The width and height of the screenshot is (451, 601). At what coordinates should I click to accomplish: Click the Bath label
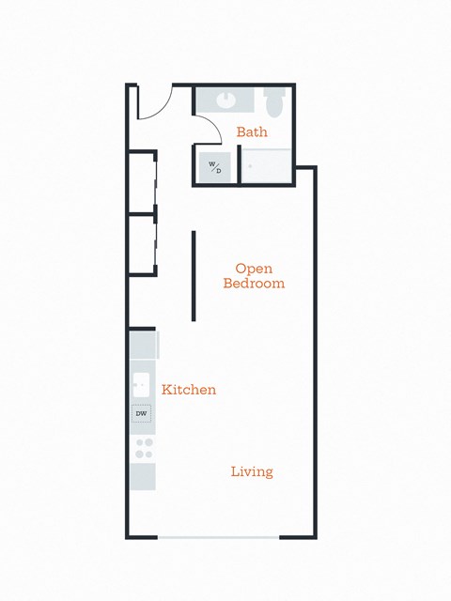pos(252,132)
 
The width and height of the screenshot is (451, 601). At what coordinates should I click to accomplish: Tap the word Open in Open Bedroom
pos(254,268)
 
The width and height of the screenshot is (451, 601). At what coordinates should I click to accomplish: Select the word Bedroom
pos(254,283)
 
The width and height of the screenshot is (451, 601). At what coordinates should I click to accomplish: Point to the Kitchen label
pos(189,389)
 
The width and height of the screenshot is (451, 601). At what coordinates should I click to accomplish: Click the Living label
pos(252,471)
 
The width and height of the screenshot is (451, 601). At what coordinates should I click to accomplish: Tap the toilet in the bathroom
pos(274,100)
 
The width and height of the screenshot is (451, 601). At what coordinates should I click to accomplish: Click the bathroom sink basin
pos(225,99)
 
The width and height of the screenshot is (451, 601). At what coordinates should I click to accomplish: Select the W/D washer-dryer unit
pos(215,167)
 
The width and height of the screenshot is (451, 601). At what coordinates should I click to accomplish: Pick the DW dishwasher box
pos(142,413)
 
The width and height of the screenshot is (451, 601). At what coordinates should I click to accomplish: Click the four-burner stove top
pos(143,448)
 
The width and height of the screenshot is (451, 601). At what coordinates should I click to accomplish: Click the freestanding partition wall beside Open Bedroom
pos(194,275)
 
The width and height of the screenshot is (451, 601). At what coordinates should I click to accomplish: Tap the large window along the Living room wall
pos(218,537)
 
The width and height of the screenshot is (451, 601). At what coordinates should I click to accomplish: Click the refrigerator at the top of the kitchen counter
pos(143,345)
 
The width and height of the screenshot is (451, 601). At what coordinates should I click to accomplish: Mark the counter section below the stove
pos(143,476)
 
